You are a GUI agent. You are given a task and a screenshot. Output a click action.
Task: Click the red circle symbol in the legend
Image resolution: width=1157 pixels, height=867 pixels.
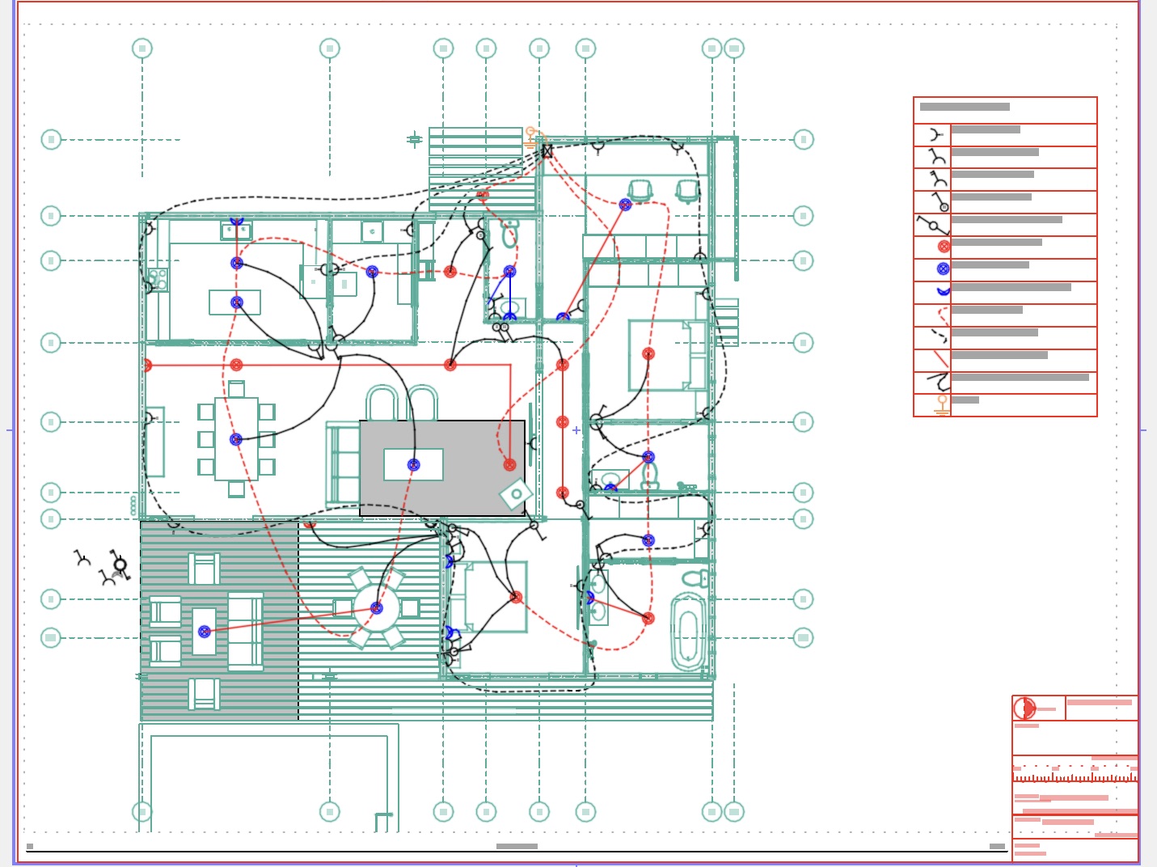[944, 247]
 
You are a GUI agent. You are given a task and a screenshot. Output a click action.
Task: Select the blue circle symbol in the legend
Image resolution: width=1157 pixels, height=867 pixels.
[943, 269]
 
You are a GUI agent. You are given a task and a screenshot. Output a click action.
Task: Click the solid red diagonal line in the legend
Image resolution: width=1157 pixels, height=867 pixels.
[940, 358]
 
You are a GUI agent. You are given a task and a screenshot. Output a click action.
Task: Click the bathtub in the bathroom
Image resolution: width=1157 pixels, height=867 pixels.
[687, 631]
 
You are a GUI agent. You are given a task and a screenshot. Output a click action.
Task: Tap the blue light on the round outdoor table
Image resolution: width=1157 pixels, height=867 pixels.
[377, 608]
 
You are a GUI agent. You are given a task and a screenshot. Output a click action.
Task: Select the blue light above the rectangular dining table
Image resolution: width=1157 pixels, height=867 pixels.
[236, 440]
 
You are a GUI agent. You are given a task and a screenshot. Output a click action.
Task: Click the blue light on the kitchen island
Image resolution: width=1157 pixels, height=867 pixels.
[237, 302]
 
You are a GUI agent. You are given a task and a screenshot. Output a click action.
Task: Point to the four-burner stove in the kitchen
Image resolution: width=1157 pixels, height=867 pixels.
[158, 279]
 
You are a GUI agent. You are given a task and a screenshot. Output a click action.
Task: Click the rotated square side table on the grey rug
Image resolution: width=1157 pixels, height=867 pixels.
[516, 493]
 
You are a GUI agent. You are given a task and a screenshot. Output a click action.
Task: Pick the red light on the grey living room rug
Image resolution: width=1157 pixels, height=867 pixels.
[509, 464]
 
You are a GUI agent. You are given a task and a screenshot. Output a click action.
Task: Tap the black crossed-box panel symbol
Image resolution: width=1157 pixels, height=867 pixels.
[547, 151]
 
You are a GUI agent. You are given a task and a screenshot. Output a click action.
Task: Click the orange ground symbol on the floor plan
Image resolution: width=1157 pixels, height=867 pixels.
[531, 136]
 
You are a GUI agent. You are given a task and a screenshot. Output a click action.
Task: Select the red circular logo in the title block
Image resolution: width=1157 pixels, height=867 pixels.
[1024, 708]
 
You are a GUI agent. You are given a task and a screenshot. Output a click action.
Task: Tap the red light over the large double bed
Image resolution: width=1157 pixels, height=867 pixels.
[648, 353]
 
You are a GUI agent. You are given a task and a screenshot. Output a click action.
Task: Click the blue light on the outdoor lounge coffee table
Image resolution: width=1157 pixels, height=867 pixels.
[205, 632]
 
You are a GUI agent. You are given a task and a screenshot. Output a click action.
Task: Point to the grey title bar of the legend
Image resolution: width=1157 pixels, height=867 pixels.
[965, 107]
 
